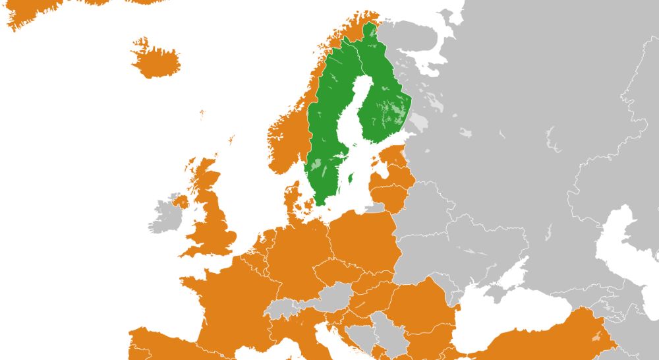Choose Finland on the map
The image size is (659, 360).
pos(386,99)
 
